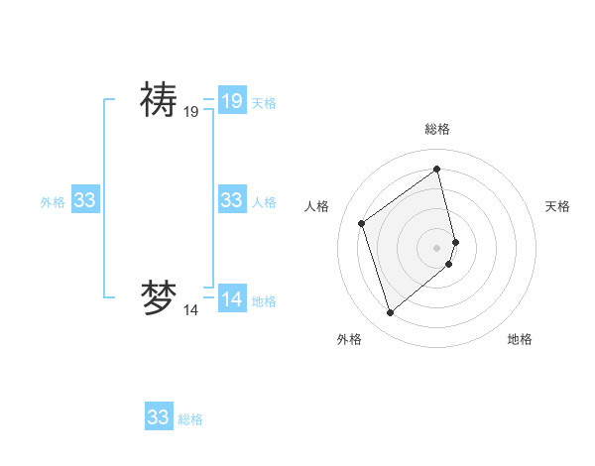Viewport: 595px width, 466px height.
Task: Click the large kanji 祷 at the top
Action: tap(158, 100)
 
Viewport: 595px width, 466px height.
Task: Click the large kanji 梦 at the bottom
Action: tap(158, 298)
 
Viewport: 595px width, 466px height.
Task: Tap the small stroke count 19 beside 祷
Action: tap(190, 113)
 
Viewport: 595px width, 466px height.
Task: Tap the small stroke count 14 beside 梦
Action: tap(190, 310)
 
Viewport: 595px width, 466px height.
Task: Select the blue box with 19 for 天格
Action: tap(232, 100)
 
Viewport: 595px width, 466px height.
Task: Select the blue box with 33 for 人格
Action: tap(232, 200)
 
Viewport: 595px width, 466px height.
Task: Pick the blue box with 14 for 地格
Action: tap(232, 299)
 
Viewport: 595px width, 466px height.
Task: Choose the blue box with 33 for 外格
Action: tap(85, 200)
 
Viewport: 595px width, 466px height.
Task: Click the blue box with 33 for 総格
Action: tap(159, 416)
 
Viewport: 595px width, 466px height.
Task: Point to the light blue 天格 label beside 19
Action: tap(264, 102)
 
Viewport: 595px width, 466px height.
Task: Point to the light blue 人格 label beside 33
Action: tap(264, 202)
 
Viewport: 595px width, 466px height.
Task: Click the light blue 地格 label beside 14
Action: tap(264, 301)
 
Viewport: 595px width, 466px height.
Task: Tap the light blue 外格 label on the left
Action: tap(53, 202)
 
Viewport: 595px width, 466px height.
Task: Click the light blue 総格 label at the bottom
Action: tap(190, 419)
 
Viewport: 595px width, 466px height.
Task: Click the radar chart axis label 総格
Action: tap(437, 129)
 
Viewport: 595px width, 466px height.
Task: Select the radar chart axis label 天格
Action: tap(557, 206)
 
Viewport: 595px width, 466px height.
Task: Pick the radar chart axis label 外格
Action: tap(349, 339)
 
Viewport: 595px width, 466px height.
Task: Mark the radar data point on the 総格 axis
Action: tap(437, 170)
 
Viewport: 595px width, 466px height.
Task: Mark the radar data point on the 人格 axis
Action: tap(362, 223)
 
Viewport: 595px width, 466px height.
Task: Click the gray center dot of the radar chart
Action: tap(437, 247)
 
